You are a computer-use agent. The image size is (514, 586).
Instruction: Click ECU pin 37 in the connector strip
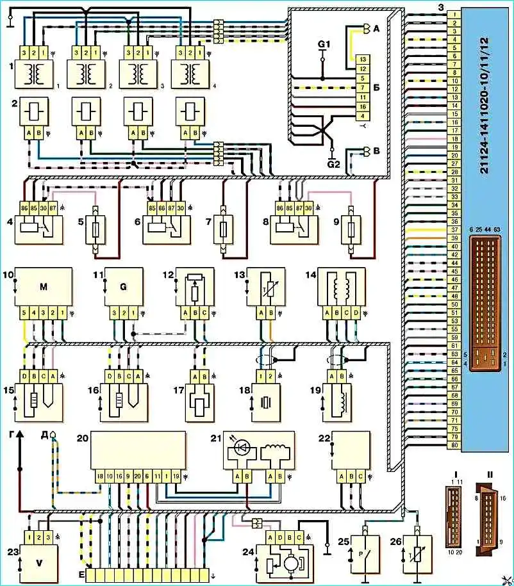pyautogui.click(x=454, y=230)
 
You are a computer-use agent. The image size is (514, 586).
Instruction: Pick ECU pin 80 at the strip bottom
pyautogui.click(x=454, y=446)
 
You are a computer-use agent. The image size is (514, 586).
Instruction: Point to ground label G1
pyautogui.click(x=324, y=44)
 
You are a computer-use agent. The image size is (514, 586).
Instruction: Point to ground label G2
pyautogui.click(x=331, y=163)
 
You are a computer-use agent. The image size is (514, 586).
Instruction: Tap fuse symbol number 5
pyautogui.click(x=94, y=229)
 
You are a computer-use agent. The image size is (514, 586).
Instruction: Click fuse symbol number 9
pyautogui.click(x=351, y=229)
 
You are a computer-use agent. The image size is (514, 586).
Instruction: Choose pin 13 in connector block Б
pyautogui.click(x=362, y=58)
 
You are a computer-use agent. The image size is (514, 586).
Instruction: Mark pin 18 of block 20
pyautogui.click(x=99, y=476)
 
